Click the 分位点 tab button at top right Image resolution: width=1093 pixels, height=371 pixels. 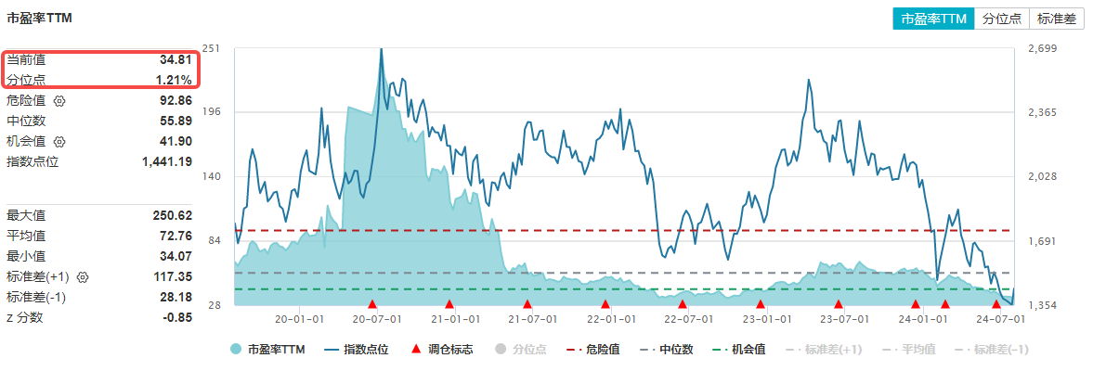click(x=1002, y=19)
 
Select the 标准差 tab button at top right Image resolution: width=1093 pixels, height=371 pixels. click(x=1056, y=19)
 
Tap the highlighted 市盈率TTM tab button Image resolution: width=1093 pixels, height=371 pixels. click(x=934, y=19)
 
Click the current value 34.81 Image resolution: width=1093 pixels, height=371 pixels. click(x=176, y=59)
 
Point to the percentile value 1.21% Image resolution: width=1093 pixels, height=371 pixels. click(x=174, y=80)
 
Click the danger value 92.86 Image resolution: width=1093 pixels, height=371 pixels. click(x=176, y=100)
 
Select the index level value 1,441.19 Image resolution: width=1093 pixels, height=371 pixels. click(x=167, y=161)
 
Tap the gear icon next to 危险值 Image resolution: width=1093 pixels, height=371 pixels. click(x=60, y=100)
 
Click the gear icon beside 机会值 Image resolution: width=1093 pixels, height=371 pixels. click(x=60, y=141)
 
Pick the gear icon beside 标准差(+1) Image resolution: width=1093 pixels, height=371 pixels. click(x=83, y=276)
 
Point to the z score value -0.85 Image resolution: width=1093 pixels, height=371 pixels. click(x=177, y=317)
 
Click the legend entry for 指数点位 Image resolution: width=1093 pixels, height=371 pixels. click(x=357, y=350)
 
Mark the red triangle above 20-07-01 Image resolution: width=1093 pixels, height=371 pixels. click(x=371, y=303)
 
